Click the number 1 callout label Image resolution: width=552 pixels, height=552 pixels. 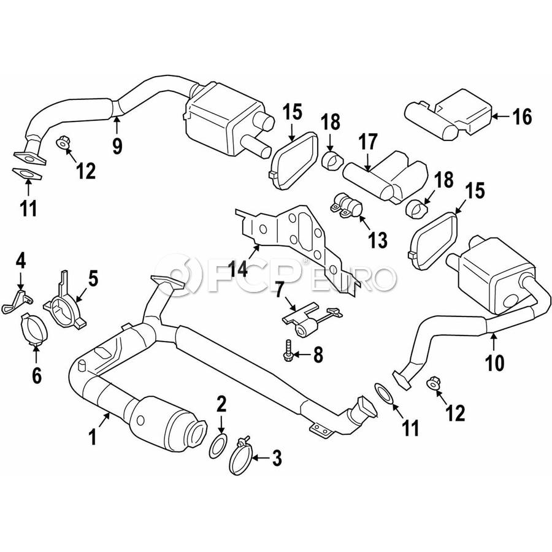point(93,437)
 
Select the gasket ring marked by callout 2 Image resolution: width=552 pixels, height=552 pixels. point(218,447)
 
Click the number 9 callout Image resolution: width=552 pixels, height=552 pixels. point(117,145)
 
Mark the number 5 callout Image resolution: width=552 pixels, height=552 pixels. point(93,278)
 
